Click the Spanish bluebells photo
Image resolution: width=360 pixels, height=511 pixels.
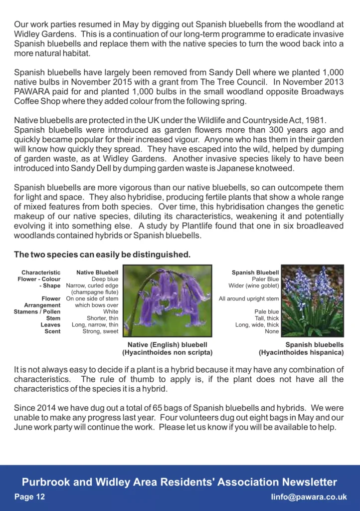[x=313, y=300]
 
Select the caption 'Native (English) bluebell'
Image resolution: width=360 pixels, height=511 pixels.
[x=167, y=344]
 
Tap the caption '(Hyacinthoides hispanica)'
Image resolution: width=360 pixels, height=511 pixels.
[x=301, y=353]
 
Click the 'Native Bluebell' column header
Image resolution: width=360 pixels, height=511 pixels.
[x=97, y=272]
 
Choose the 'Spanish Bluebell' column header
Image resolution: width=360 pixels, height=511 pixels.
[x=255, y=272]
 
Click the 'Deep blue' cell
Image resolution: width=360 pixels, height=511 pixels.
[x=105, y=279]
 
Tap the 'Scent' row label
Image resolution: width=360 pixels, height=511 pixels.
[x=52, y=331]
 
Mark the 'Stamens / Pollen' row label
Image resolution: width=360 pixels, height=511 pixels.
[x=37, y=312]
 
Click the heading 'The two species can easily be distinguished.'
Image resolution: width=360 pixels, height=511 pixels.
[x=102, y=255]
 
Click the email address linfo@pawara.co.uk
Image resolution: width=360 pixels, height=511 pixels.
[x=309, y=497]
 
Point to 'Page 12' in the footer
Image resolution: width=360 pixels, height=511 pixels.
[x=29, y=497]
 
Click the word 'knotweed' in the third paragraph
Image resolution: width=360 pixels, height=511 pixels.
[x=277, y=168]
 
